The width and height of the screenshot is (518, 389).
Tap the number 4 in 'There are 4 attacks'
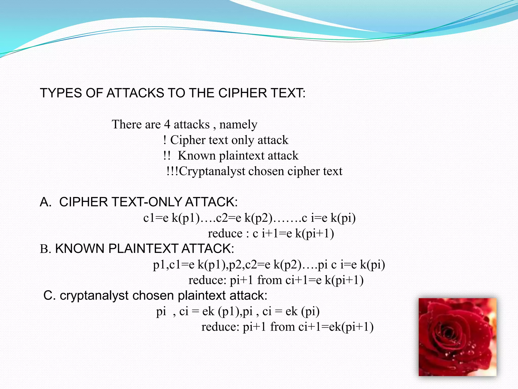tap(167, 124)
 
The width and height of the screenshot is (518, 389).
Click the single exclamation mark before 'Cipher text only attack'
tap(165, 140)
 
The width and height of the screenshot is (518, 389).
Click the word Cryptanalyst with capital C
tap(212, 171)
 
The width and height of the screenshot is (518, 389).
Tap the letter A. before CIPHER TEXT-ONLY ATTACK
tap(46, 202)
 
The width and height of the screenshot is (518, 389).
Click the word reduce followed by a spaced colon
tap(225, 234)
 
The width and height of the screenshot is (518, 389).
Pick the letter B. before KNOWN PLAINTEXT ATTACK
tap(46, 249)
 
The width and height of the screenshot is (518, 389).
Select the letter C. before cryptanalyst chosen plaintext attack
tap(50, 296)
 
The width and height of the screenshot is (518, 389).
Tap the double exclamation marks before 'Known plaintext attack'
tap(167, 155)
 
